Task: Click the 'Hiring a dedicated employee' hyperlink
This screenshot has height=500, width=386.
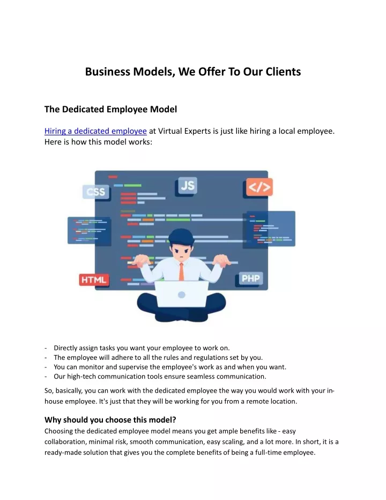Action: tap(95, 131)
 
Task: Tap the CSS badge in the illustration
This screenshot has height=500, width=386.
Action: tap(96, 192)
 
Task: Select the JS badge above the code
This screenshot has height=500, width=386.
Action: tap(187, 185)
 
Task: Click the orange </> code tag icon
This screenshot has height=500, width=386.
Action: tap(259, 187)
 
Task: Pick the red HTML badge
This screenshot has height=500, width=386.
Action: tap(94, 280)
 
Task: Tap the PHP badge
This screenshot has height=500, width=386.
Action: tap(251, 278)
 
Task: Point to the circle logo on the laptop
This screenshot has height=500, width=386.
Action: tap(182, 295)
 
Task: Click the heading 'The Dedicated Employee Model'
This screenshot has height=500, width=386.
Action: tap(111, 110)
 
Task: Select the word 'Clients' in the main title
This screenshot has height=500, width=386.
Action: tap(283, 72)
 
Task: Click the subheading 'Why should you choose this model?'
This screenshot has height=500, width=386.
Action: tap(110, 419)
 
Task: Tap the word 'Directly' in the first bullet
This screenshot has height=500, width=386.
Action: tap(65, 348)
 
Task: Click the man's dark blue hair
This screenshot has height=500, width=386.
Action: tap(181, 236)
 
